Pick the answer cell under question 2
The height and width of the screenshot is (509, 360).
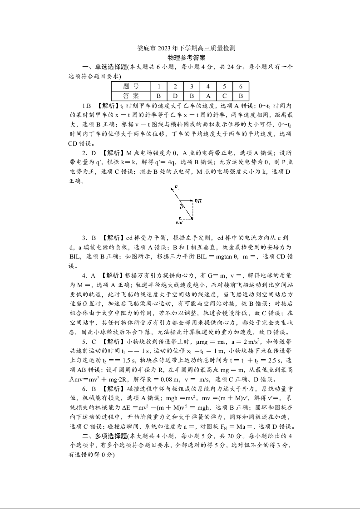[x=175, y=96]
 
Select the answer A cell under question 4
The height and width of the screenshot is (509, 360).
[x=208, y=96]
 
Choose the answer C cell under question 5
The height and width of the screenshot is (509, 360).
[x=224, y=96]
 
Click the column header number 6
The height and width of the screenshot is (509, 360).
[x=241, y=86]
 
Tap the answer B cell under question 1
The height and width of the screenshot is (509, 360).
[x=159, y=96]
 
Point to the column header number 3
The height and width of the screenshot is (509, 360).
[x=192, y=86]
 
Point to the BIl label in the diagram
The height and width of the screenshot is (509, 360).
[x=198, y=200]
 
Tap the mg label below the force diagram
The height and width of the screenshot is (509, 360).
[x=179, y=222]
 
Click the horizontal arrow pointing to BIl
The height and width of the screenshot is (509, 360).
[x=187, y=200]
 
